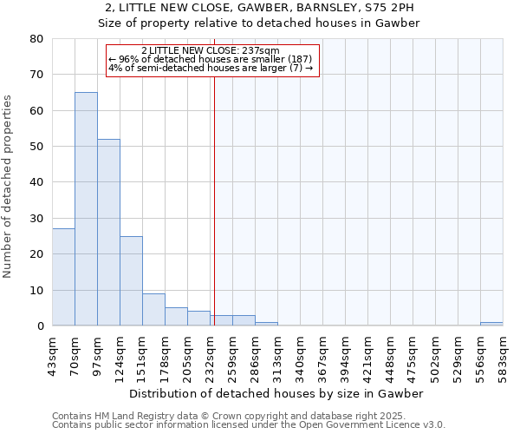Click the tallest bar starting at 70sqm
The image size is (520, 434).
pos(86,208)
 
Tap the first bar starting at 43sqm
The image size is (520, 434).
pos(63,277)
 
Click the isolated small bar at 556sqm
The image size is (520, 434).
pos(491,324)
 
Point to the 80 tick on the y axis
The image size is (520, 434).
pos(36,39)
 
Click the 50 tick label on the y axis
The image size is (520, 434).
pos(36,147)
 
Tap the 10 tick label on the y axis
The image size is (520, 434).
pos(36,291)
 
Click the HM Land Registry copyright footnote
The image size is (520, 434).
pos(229,416)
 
